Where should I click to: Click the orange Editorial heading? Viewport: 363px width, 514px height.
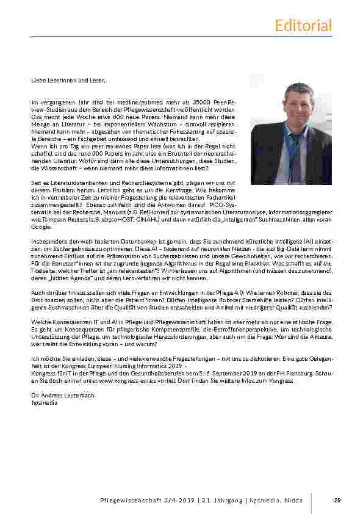[x=303, y=25]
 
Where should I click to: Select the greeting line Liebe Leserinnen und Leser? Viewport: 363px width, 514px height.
[x=68, y=80]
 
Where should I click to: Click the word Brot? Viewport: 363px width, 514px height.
[x=38, y=299]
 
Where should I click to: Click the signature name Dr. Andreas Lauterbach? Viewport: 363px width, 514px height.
[x=63, y=396]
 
